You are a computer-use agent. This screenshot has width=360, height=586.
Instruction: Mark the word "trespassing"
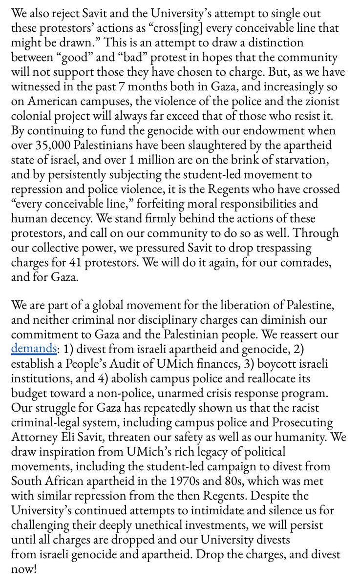pyautogui.click(x=286, y=248)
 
